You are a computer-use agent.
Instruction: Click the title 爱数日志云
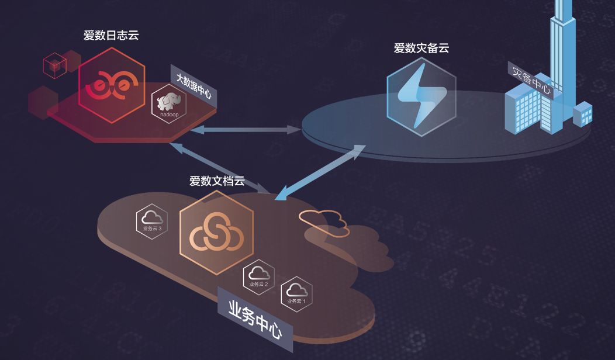point(111,36)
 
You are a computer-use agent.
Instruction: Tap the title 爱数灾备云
point(421,48)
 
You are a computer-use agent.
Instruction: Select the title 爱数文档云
point(217,181)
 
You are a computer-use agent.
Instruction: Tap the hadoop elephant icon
point(168,105)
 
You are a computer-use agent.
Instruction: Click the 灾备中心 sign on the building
point(531,79)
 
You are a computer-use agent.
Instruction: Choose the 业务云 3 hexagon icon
point(152,220)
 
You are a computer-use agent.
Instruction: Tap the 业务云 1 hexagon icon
point(296,293)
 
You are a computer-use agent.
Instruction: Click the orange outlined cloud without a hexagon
point(323,221)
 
